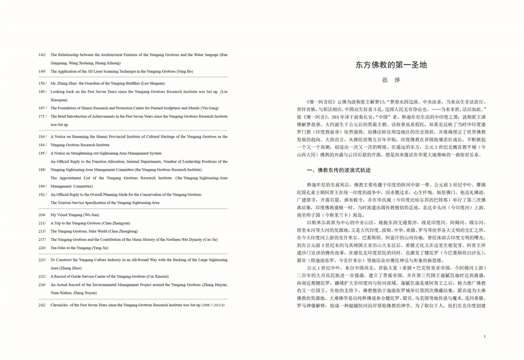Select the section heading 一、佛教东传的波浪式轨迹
pyautogui.click(x=339, y=170)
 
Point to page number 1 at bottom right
pyautogui.click(x=484, y=336)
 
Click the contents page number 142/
pyautogui.click(x=42, y=55)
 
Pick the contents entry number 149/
pyautogui.click(x=42, y=71)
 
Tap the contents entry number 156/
pyautogui.click(x=42, y=83)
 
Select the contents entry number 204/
pyautogui.click(x=42, y=215)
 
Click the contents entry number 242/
pyautogui.click(x=42, y=305)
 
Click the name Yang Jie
pyautogui.click(x=100, y=248)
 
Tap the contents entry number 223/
pyautogui.click(x=42, y=259)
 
